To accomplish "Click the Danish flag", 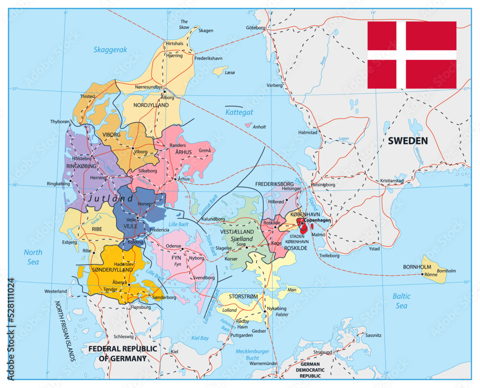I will click(412, 55).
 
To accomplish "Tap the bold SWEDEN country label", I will click(408, 141).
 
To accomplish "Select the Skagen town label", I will click(205, 30).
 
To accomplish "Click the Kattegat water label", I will click(239, 112).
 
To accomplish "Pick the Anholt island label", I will click(259, 127).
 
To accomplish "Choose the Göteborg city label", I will click(255, 28).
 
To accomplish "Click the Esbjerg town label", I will click(69, 242).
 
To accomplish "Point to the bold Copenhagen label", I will click(317, 220).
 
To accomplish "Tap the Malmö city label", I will click(318, 235).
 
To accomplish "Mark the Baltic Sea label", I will click(401, 301).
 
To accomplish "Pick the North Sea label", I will click(33, 257).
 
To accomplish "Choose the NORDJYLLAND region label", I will click(151, 105).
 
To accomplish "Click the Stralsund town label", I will click(322, 352).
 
